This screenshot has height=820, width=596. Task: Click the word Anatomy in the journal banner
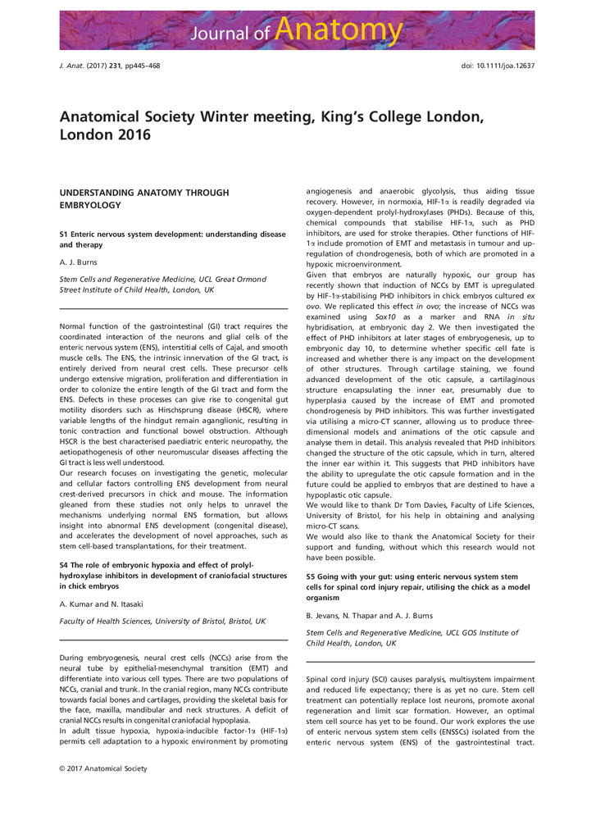click(339, 30)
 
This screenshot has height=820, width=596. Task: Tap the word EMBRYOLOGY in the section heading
click(90, 205)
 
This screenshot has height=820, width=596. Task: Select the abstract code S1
click(65, 234)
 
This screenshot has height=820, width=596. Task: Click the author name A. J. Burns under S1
click(80, 263)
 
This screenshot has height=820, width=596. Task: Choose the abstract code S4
click(65, 567)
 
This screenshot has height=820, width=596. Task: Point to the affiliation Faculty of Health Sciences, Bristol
click(162, 621)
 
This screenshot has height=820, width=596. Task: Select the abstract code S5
click(311, 577)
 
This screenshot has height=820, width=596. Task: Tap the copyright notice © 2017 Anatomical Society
click(103, 768)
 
